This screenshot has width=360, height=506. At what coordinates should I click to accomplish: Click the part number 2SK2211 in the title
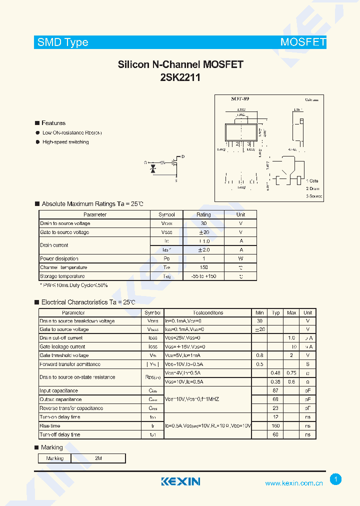[x=180, y=77]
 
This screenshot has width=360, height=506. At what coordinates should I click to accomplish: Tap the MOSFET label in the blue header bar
[x=303, y=42]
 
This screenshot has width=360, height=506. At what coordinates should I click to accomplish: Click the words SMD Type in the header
[x=63, y=42]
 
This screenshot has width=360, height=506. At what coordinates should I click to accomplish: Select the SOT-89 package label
[x=240, y=99]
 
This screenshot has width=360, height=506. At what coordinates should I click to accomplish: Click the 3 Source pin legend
[x=314, y=196]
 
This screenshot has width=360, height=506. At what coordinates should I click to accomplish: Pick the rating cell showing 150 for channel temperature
[x=203, y=267]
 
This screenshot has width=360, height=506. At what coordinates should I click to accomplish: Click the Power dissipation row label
[x=59, y=258]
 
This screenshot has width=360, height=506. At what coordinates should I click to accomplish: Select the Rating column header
[x=203, y=214]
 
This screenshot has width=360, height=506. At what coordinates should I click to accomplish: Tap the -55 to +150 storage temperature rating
[x=203, y=276]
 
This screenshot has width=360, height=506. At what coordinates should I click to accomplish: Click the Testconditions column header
[x=208, y=312]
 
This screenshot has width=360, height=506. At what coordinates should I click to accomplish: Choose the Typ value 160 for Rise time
[x=275, y=426]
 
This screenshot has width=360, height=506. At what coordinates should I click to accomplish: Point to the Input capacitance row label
[x=59, y=390]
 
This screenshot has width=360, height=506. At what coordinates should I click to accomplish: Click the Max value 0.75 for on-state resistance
[x=291, y=373]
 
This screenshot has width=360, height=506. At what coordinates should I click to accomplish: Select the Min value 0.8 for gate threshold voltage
[x=259, y=355]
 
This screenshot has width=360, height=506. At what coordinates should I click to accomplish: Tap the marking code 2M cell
[x=98, y=458]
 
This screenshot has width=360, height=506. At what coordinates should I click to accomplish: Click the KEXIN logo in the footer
[x=180, y=481]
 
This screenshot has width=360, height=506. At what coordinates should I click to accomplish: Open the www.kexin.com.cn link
[x=294, y=483]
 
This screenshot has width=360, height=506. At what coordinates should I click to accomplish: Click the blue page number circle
[x=336, y=479]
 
